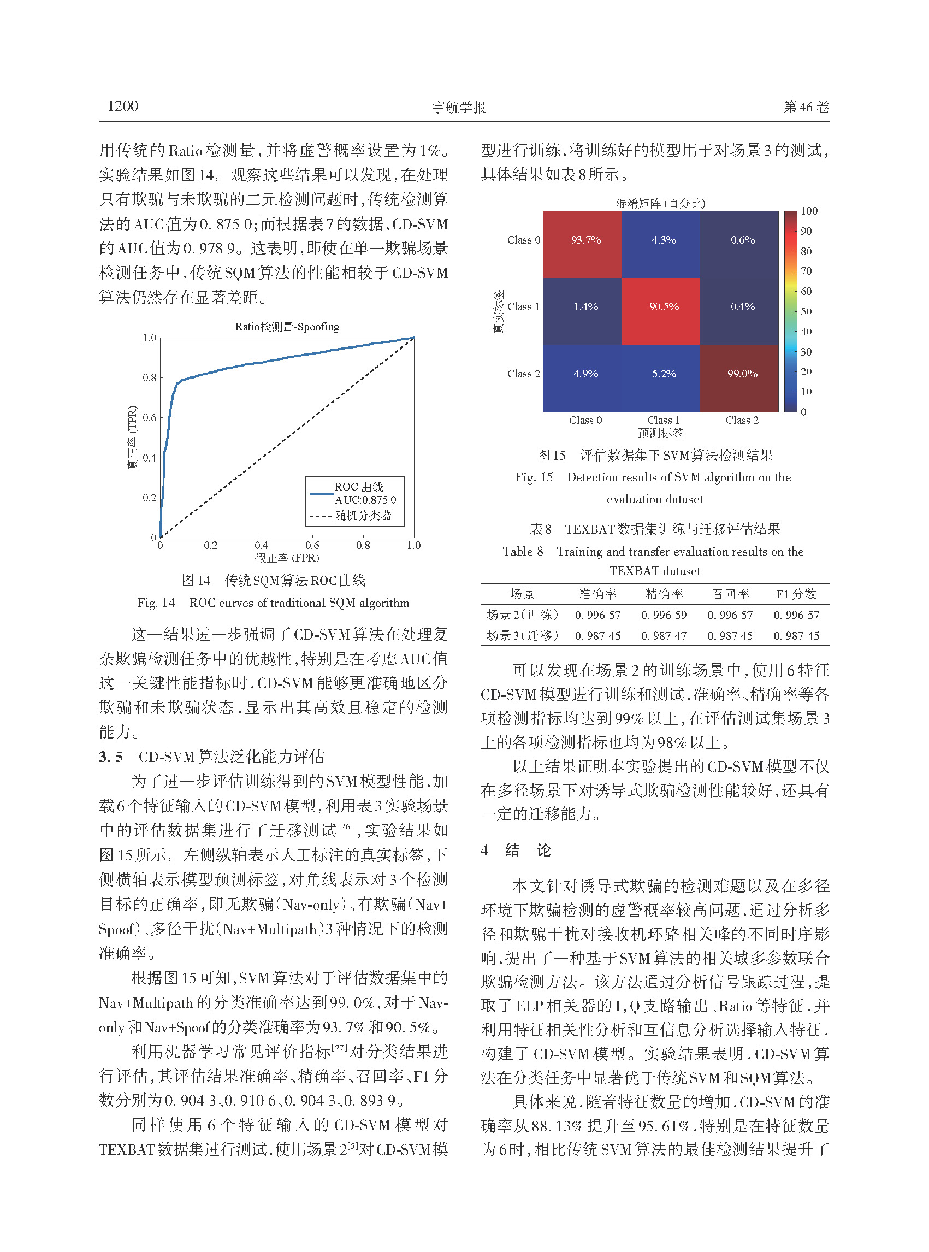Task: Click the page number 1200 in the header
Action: [122, 106]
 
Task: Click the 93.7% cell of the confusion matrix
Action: [586, 240]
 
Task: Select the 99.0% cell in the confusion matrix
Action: [742, 374]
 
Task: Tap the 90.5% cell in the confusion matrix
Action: [664, 306]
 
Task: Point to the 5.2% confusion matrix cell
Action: [664, 374]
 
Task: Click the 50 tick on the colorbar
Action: [806, 311]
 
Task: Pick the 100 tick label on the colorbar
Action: [809, 211]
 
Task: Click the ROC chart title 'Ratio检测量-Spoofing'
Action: [287, 327]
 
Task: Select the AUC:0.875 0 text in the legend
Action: [365, 499]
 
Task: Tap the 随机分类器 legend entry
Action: [363, 515]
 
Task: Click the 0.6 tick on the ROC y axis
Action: [149, 417]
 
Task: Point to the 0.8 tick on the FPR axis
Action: [363, 545]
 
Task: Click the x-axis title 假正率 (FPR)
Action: [287, 558]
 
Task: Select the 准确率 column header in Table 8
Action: [598, 594]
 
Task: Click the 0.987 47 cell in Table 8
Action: [664, 636]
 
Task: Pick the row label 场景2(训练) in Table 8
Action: [523, 615]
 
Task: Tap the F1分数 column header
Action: [796, 594]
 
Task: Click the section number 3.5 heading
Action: [111, 757]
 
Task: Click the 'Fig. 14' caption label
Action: [156, 603]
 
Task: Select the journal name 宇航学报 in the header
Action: [459, 107]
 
